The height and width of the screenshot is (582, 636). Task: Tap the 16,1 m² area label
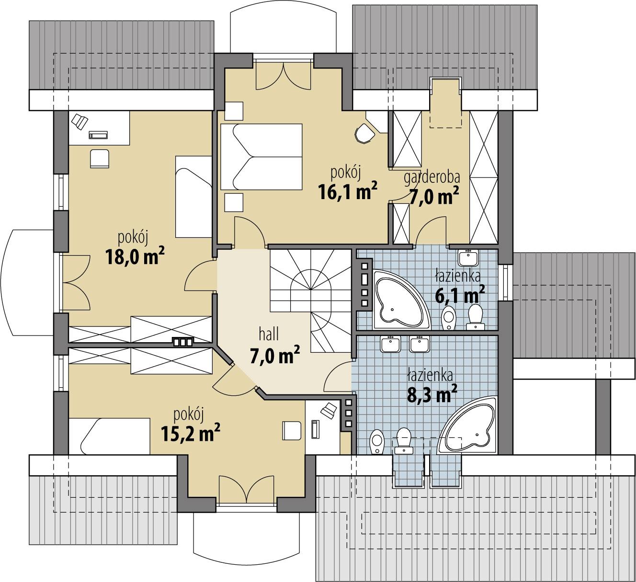pyautogui.click(x=348, y=191)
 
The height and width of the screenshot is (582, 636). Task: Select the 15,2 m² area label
pyautogui.click(x=190, y=433)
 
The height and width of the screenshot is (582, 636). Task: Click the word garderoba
pyautogui.click(x=432, y=177)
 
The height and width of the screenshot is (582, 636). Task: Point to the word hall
pyautogui.click(x=269, y=334)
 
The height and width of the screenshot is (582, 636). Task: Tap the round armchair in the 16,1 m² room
pyautogui.click(x=365, y=133)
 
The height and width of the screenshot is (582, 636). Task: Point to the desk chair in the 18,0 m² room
pyautogui.click(x=100, y=157)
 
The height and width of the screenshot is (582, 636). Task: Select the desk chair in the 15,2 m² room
pyautogui.click(x=292, y=430)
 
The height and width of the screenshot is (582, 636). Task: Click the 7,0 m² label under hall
pyautogui.click(x=274, y=355)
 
